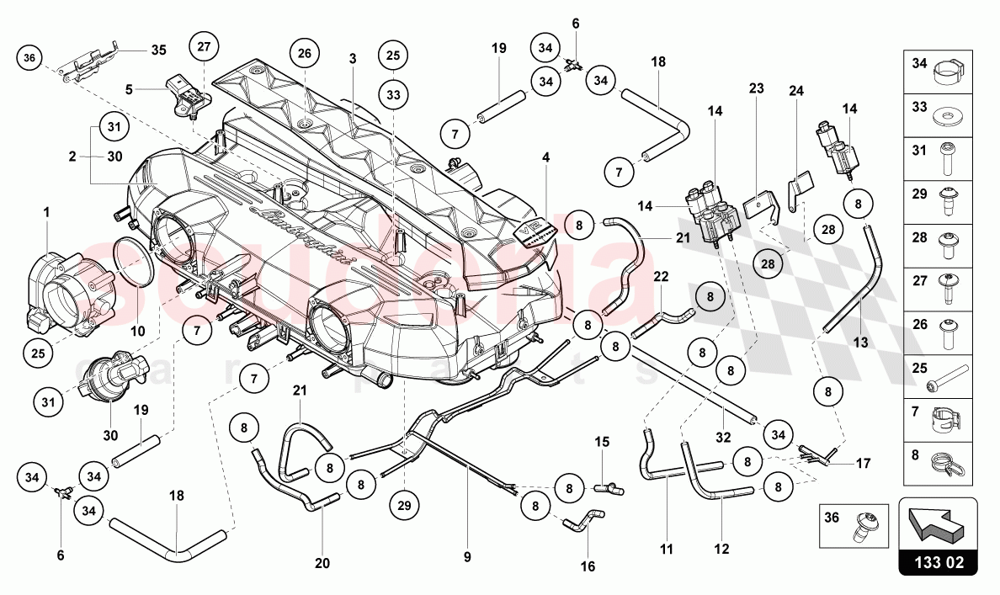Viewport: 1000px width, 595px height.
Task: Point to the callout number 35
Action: pos(158,49)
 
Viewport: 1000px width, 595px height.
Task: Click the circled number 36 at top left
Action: pos(30,58)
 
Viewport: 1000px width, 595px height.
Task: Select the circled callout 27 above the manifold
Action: pos(204,47)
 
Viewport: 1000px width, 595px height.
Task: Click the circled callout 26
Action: pos(304,55)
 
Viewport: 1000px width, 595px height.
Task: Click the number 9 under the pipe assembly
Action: pos(466,556)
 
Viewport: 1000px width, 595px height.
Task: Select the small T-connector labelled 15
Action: pos(605,487)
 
